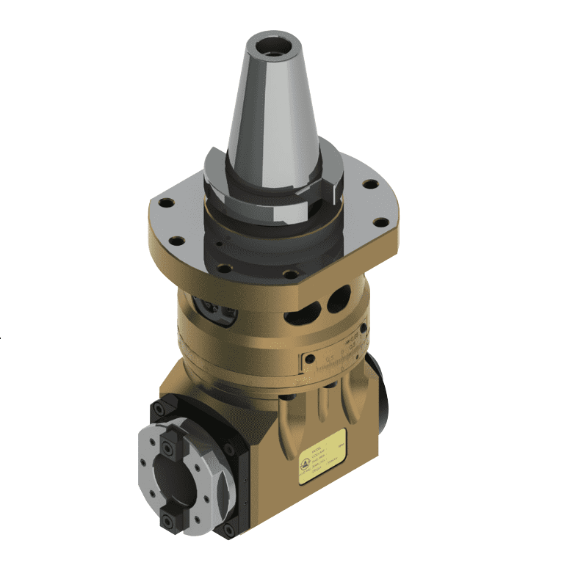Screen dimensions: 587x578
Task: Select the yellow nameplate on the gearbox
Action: point(322,456)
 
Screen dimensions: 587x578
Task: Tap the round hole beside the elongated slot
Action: point(339,298)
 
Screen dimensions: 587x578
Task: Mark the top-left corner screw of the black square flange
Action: point(157,409)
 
